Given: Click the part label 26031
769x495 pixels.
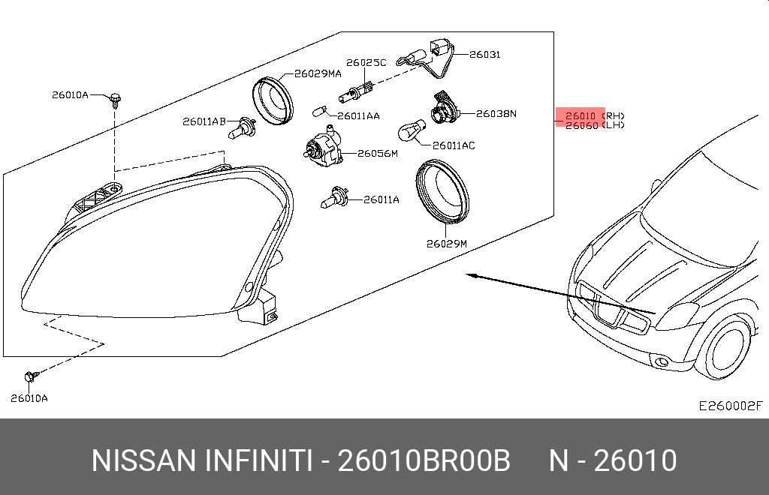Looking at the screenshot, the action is point(484,54).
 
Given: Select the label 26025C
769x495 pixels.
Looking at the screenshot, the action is point(366,63).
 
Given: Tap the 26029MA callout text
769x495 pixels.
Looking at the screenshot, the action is point(318,73).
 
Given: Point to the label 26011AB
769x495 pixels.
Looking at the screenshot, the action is point(204,121).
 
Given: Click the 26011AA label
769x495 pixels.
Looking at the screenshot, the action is point(358,116).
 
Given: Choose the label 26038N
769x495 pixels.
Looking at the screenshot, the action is point(496,113).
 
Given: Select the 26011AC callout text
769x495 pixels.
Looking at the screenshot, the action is point(454,145).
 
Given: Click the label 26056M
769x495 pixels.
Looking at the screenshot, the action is point(378,153).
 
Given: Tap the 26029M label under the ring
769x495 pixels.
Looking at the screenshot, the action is point(446,243).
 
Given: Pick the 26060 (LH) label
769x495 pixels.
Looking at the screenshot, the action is point(595,125).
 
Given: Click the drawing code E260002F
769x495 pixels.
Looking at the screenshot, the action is point(731,406).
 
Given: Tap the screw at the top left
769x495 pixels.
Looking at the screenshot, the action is point(115,100).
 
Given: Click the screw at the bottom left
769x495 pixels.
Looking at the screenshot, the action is point(31,376).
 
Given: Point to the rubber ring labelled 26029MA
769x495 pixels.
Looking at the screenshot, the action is point(273,100).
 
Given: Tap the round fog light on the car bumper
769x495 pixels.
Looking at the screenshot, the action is point(662,362).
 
